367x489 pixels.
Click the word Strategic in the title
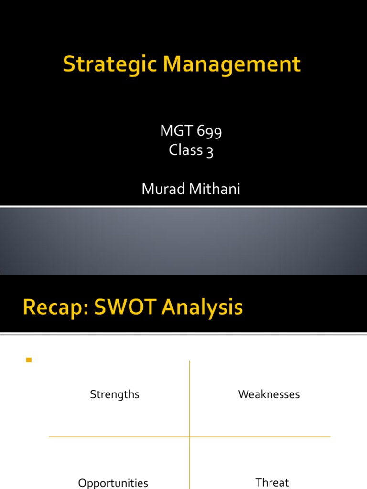point(109,65)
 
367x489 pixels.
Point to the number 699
point(209,131)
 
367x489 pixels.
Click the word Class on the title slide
point(185,149)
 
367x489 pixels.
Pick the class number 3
point(210,151)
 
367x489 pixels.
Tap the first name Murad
point(163,189)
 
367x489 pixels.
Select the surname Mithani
point(215,189)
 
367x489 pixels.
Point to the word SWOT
point(125,307)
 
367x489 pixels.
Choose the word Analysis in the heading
point(202,308)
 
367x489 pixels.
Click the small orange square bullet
point(29,360)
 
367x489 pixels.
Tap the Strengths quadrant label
point(115,395)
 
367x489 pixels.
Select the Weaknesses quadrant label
point(269,394)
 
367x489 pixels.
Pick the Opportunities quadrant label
point(113,483)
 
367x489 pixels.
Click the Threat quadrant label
point(272,482)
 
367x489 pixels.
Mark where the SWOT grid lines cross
point(189,437)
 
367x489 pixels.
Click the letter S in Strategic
point(69,64)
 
